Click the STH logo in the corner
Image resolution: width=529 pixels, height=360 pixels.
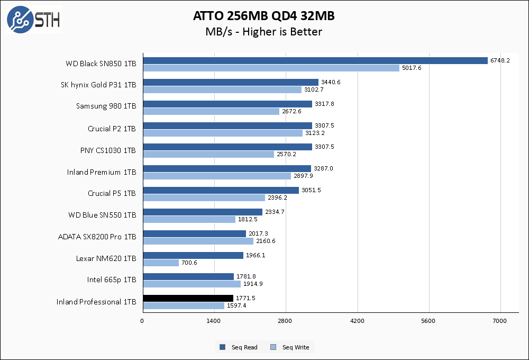click(33, 20)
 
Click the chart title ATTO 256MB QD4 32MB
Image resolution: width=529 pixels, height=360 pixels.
click(263, 16)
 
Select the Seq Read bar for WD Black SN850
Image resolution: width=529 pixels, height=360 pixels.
click(315, 60)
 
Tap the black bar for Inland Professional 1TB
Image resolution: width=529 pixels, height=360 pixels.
click(188, 298)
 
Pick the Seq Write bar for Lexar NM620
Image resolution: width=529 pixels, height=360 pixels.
click(161, 263)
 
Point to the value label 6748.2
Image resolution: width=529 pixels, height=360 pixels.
click(500, 60)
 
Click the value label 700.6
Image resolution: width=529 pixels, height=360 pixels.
click(189, 263)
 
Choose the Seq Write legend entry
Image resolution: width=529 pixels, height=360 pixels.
click(290, 347)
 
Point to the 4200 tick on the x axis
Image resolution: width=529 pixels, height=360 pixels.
click(357, 321)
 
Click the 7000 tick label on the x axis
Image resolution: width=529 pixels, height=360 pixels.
click(500, 321)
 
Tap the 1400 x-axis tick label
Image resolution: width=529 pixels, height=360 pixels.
click(214, 321)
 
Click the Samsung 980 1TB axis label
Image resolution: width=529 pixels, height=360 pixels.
click(106, 106)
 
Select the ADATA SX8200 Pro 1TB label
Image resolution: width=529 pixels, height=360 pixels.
click(97, 237)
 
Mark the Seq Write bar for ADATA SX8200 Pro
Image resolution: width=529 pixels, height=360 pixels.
click(198, 241)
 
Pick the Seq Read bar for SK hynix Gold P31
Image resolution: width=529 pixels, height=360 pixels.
click(230, 82)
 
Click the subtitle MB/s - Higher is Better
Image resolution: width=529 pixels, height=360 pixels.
click(263, 32)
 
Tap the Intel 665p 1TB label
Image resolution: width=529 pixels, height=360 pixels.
click(112, 280)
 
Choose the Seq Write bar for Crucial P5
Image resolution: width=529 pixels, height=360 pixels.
click(204, 197)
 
